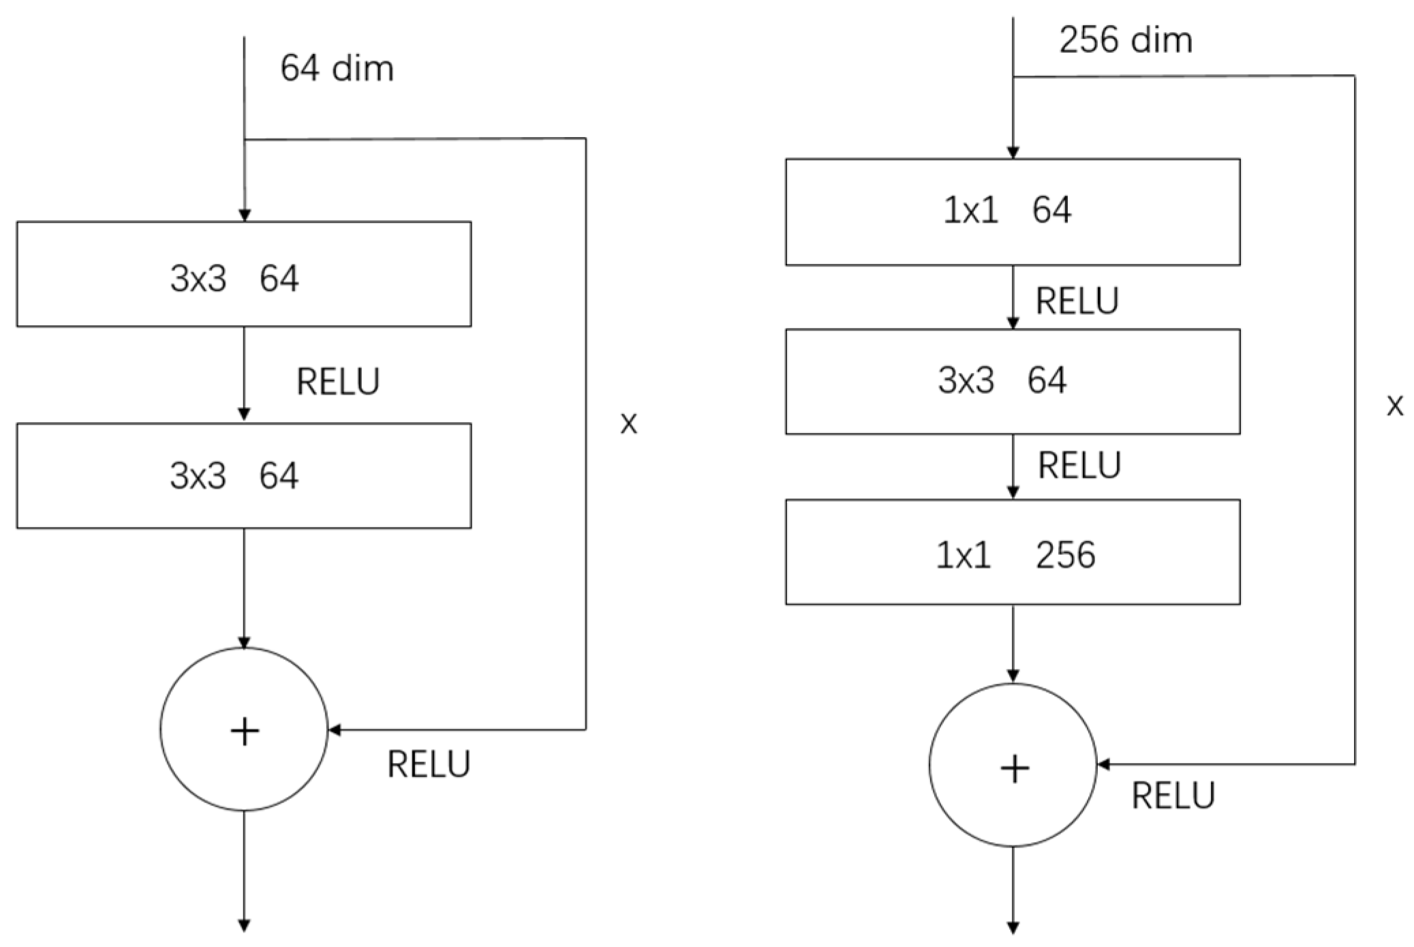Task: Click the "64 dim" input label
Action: click(337, 69)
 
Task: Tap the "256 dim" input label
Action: click(1125, 40)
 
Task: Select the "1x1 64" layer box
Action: click(1012, 211)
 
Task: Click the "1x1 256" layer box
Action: click(1012, 552)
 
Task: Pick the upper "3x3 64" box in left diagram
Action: click(243, 274)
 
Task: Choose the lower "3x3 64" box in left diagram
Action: click(243, 476)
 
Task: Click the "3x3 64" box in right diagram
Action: click(1012, 381)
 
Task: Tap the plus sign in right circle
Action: click(1014, 769)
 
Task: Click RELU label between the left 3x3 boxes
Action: click(338, 382)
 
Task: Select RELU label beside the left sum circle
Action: click(429, 764)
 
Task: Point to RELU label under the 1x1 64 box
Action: click(1077, 301)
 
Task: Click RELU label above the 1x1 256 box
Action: click(1079, 466)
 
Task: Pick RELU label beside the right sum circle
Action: click(1173, 796)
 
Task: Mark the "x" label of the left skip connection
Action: click(628, 424)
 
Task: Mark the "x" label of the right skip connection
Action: click(1394, 406)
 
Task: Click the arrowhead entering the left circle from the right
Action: click(335, 730)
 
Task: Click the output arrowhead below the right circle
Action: click(1013, 928)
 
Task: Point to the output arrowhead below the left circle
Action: click(244, 926)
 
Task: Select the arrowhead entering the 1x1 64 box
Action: click(1013, 152)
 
